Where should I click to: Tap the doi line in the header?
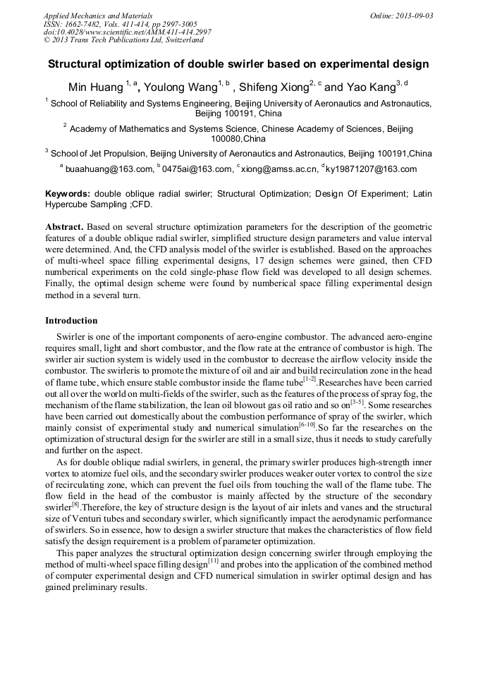[x=127, y=32]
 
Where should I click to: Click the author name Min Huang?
[x=95, y=87]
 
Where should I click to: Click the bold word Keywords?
[x=68, y=193]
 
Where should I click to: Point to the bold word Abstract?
[x=65, y=228]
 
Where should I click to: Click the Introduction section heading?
[x=71, y=321]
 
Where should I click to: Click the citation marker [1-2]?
[x=310, y=379]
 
